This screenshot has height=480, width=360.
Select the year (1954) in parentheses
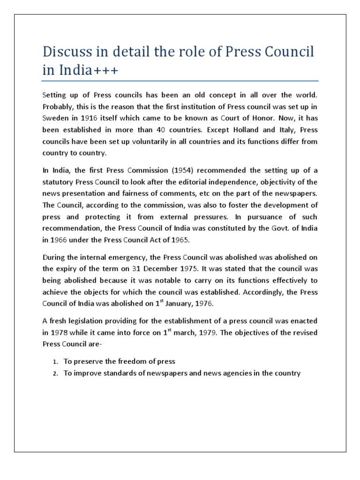[162, 170]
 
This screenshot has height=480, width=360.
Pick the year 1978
[60, 332]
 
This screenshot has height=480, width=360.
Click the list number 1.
[54, 361]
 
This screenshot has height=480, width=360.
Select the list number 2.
[54, 373]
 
